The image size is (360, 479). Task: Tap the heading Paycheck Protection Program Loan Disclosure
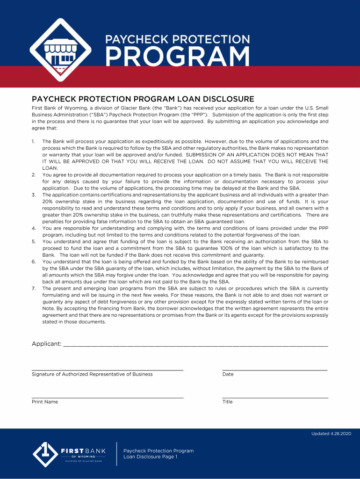click(x=143, y=99)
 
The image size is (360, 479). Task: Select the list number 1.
click(x=33, y=141)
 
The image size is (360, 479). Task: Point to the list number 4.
click(x=34, y=228)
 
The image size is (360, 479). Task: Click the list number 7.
click(x=34, y=289)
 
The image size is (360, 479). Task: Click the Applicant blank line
click(x=195, y=345)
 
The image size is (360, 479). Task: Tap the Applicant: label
click(x=46, y=344)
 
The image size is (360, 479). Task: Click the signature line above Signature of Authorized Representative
click(x=107, y=370)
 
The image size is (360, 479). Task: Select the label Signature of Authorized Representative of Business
click(x=92, y=374)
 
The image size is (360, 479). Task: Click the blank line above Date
click(x=274, y=370)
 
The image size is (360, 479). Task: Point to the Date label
click(x=228, y=374)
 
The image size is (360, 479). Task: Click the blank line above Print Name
click(x=107, y=397)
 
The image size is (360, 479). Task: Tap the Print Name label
click(x=45, y=402)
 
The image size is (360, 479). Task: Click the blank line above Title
click(x=274, y=397)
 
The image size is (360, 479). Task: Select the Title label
click(x=227, y=402)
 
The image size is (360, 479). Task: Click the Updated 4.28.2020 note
click(x=331, y=434)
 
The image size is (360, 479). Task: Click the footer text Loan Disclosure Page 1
click(x=150, y=457)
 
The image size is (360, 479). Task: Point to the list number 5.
click(x=34, y=242)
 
